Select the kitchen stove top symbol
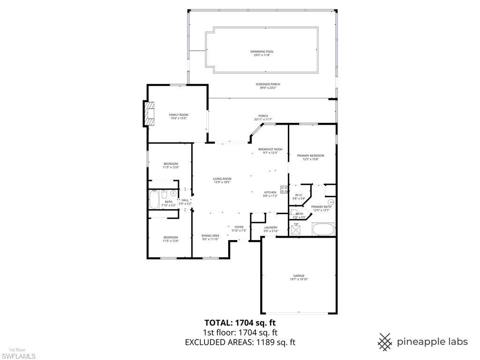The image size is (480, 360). point(284,189)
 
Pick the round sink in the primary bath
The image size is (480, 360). point(330,202)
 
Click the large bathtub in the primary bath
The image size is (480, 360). point(323,230)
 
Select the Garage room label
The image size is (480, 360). point(299,276)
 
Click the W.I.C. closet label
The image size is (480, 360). point(299,195)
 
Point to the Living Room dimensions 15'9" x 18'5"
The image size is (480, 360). point(222,182)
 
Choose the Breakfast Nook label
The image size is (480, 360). point(270,149)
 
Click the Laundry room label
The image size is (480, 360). point(270,227)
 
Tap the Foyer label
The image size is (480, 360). point(239,227)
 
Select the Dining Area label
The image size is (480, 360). point(210,236)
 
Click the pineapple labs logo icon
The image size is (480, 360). point(385,342)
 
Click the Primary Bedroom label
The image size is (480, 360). point(310,156)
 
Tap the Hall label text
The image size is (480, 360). point(185,200)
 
